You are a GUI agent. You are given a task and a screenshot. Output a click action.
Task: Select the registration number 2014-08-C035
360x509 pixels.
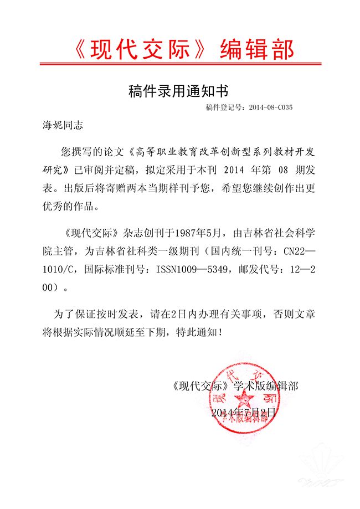(271, 107)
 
